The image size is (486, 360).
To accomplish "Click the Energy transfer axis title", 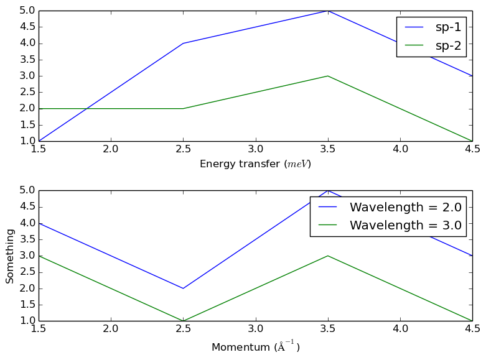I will click(x=255, y=164).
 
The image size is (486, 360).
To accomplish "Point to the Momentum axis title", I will click(x=255, y=347).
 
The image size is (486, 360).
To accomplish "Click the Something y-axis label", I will click(x=10, y=256).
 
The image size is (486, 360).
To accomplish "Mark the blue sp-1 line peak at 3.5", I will click(x=327, y=11).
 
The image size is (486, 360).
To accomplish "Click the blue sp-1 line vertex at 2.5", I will click(x=183, y=44).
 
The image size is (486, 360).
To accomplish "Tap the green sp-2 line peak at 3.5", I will click(x=327, y=76).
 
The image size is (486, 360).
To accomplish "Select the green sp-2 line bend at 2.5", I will click(x=183, y=108).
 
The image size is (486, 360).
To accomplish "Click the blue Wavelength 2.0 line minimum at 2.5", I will click(x=183, y=288).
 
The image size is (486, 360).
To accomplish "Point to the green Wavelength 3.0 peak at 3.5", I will click(x=327, y=256).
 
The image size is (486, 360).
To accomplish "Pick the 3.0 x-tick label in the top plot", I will click(x=255, y=150).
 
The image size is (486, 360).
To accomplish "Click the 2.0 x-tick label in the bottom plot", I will click(x=111, y=330).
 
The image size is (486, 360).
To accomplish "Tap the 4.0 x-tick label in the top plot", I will click(x=400, y=150).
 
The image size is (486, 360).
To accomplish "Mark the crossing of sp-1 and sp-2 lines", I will click(x=86, y=108).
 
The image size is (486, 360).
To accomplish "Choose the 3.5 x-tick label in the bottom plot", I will click(x=327, y=330).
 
